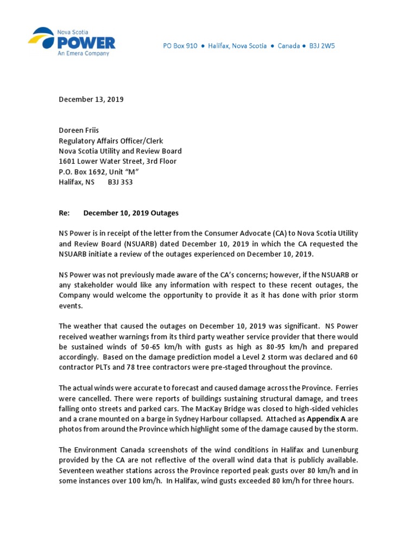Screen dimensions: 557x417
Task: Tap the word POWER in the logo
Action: click(x=86, y=43)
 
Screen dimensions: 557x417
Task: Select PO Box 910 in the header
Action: click(x=180, y=46)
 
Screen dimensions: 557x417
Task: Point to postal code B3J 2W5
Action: click(x=322, y=46)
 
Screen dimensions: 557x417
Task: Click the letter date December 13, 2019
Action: click(x=91, y=100)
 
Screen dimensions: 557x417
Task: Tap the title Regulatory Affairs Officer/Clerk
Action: click(x=111, y=141)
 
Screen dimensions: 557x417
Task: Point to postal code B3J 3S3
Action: click(x=120, y=182)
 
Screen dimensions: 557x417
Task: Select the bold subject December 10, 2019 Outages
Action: click(x=131, y=213)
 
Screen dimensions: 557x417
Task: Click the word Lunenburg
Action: click(x=336, y=450)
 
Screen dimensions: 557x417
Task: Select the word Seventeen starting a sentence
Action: click(x=77, y=471)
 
